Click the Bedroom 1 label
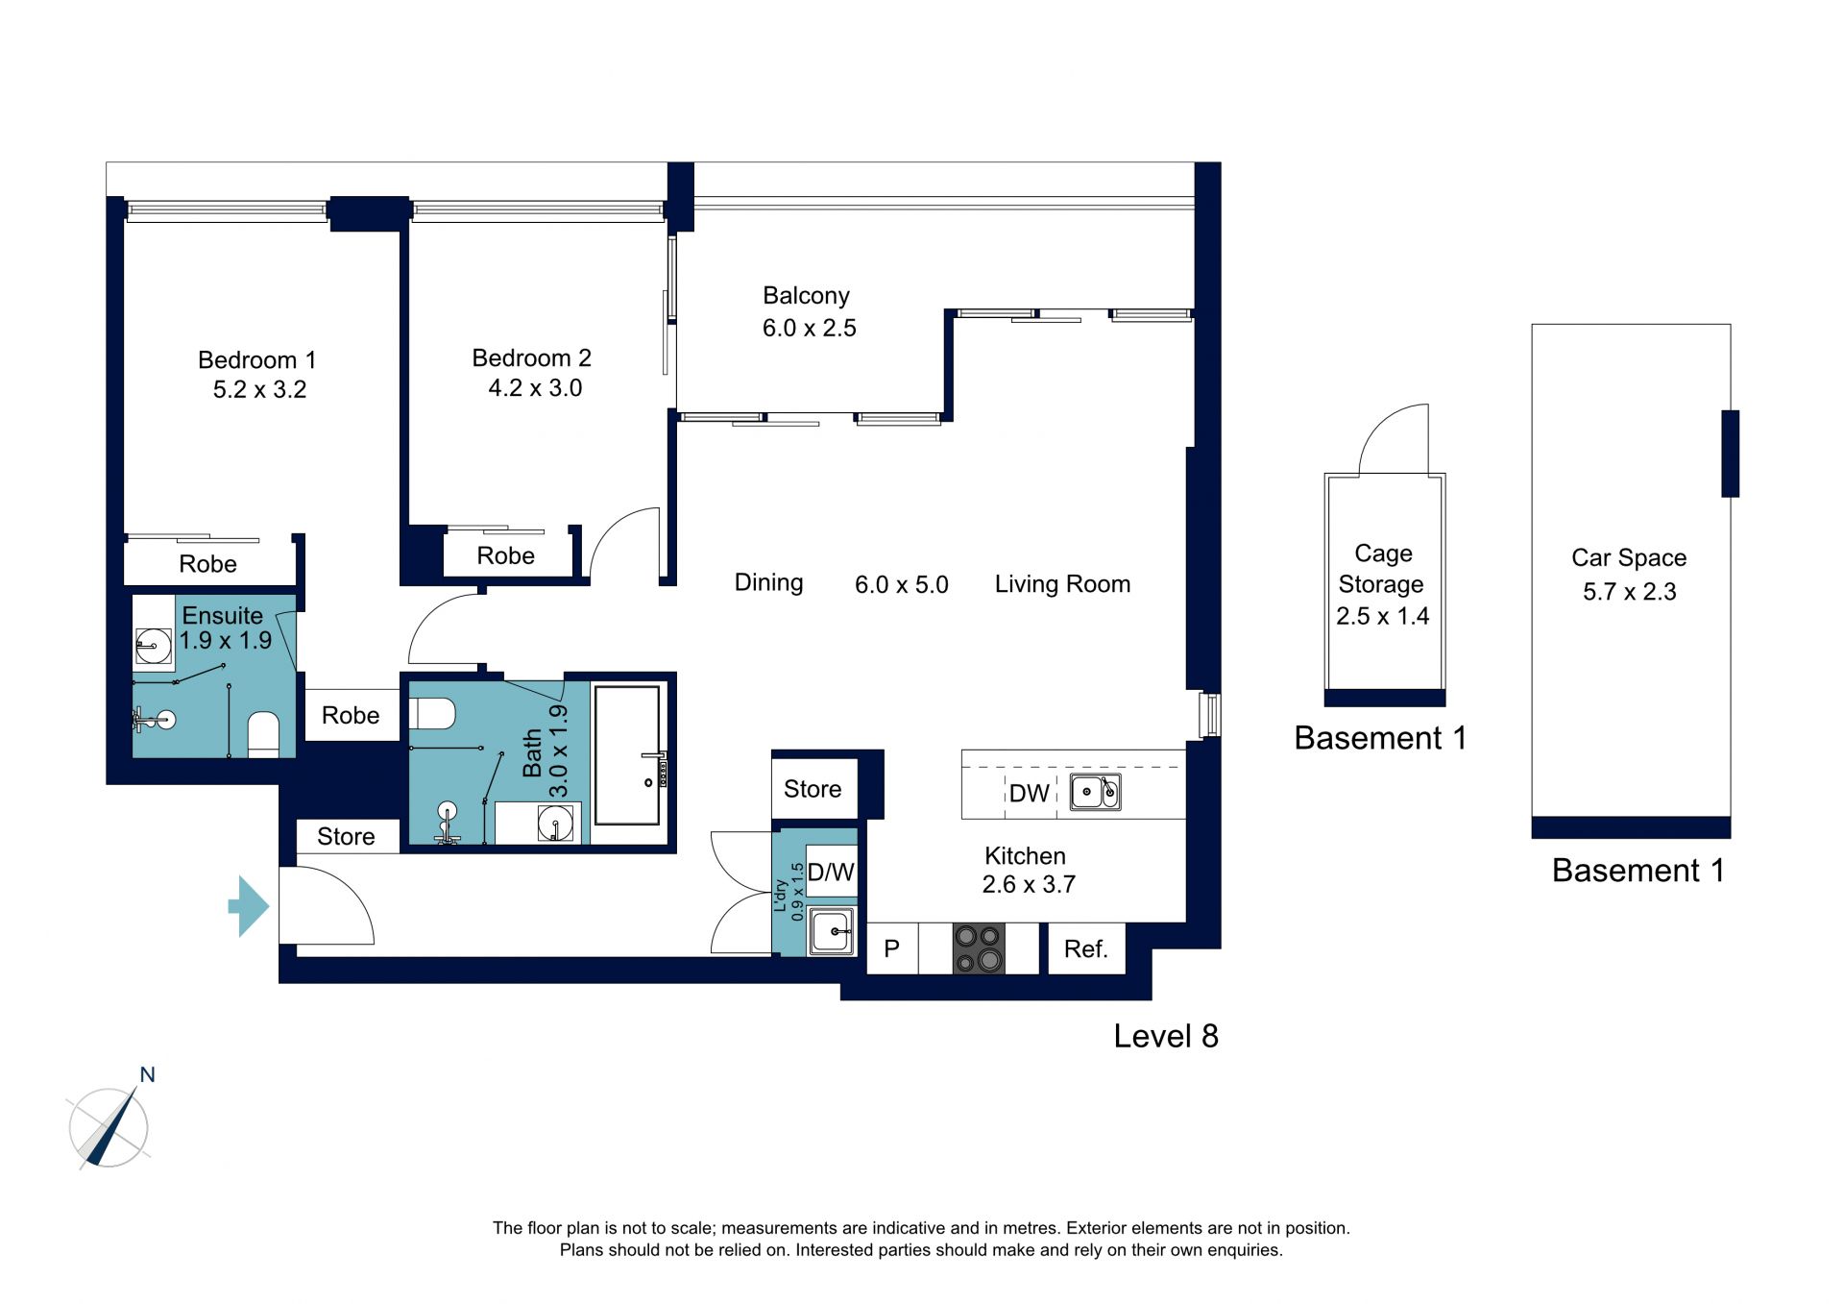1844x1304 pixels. point(256,360)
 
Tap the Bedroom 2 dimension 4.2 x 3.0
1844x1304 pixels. point(535,388)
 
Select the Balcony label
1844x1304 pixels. point(806,296)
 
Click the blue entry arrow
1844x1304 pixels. point(249,905)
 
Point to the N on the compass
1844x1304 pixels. point(147,1074)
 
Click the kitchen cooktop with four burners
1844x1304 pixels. point(979,948)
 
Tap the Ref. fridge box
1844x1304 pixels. point(1086,949)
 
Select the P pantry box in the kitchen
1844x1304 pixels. point(892,949)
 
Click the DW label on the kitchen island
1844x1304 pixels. point(1030,794)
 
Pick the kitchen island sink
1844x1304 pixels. point(1096,793)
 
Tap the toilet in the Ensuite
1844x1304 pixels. point(263,735)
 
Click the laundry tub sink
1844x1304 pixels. point(832,931)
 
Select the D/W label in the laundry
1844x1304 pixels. point(831,873)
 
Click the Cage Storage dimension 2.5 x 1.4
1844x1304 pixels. point(1383,616)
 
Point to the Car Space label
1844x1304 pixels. point(1629,558)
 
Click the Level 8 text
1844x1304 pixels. point(1166,1036)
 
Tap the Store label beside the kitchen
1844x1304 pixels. point(813,789)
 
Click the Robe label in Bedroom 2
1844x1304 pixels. point(506,556)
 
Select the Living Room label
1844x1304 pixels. point(1062,584)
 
